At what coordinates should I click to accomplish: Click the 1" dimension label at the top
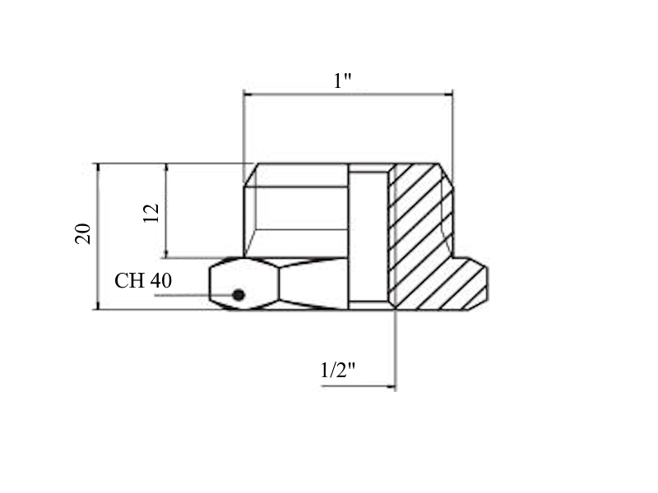pos(342,81)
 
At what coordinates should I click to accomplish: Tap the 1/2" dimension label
pos(338,371)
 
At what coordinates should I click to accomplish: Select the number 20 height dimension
pos(83,234)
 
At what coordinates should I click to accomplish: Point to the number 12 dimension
pos(151,213)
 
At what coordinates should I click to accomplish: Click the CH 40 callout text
pos(143,280)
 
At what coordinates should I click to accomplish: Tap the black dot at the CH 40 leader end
pos(239,295)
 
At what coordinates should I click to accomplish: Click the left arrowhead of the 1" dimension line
pos(248,94)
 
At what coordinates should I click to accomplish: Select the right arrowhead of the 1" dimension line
pos(447,94)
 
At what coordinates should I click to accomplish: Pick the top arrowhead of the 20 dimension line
pos(98,168)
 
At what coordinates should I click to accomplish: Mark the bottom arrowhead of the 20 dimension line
pos(98,305)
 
